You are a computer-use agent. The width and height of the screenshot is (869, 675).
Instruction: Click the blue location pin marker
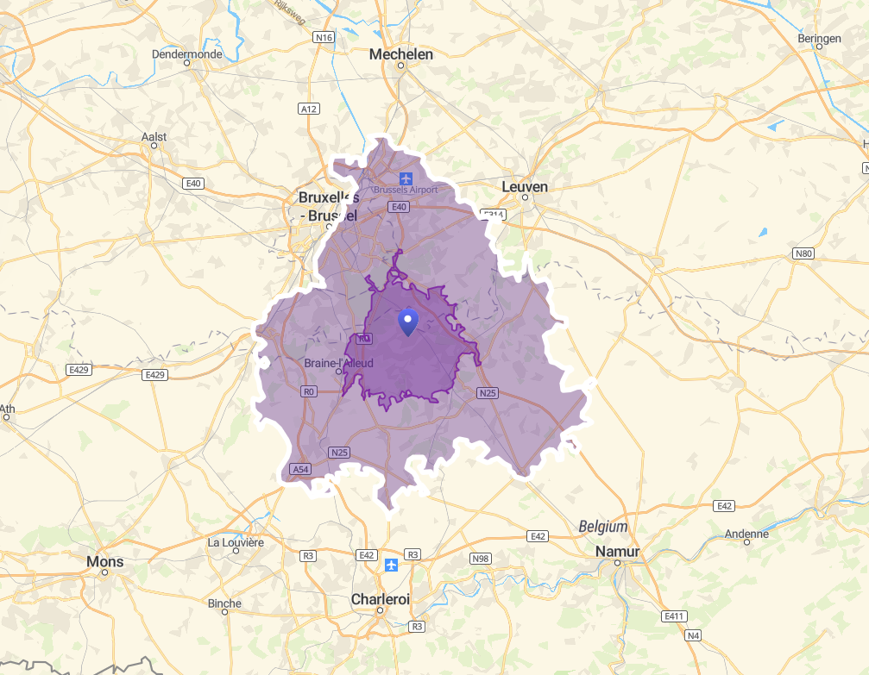click(408, 321)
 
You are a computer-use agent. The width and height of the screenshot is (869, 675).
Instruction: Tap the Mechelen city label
click(400, 54)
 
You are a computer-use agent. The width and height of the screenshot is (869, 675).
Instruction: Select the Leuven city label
click(525, 187)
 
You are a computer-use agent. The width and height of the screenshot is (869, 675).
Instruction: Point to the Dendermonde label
click(186, 53)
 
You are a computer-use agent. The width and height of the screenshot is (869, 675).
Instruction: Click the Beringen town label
click(819, 39)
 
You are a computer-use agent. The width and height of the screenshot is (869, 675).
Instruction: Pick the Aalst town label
click(154, 136)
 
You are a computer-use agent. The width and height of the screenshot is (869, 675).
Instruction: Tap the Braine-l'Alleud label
click(339, 364)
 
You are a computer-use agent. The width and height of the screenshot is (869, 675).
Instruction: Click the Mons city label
click(105, 562)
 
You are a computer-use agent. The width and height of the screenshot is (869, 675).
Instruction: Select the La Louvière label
click(236, 542)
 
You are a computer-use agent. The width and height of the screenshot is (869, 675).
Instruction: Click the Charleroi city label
click(380, 599)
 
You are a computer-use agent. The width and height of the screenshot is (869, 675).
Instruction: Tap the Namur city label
click(617, 552)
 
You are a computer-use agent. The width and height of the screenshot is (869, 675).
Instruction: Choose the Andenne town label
click(746, 534)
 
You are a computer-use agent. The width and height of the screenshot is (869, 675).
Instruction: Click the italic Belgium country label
click(603, 526)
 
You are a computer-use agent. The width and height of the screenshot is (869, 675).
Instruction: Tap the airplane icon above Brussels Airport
click(406, 178)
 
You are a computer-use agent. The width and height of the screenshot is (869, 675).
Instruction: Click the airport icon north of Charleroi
click(392, 565)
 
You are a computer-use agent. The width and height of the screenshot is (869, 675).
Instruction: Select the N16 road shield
click(324, 38)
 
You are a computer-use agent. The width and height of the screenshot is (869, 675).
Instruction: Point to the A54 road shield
click(300, 469)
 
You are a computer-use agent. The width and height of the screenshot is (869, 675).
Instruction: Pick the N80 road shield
click(803, 253)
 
